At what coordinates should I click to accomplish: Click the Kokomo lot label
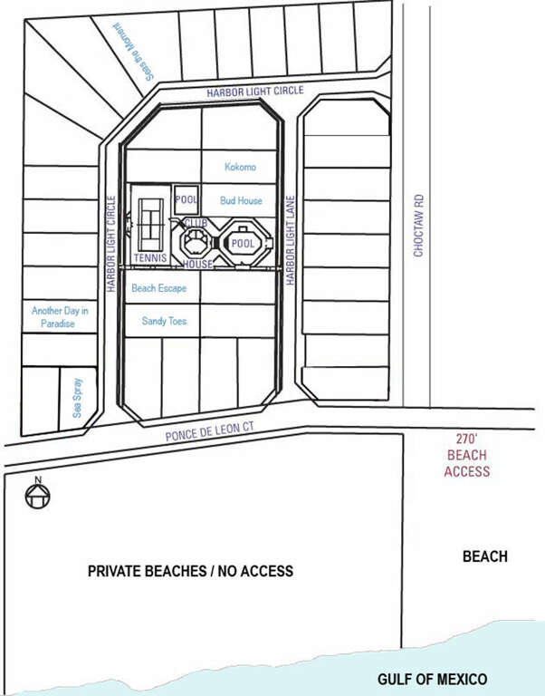[x=240, y=167]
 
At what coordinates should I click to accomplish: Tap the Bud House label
[x=241, y=200]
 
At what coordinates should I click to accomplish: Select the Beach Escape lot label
[x=158, y=288]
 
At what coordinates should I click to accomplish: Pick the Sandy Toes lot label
[x=164, y=321]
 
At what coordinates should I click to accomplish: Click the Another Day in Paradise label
[x=60, y=317]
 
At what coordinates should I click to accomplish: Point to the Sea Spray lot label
[x=77, y=398]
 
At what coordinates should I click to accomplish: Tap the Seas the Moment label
[x=133, y=52]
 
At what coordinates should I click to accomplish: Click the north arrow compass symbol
[x=38, y=493]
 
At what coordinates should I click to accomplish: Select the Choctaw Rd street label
[x=418, y=226]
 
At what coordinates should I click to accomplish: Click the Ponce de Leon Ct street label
[x=210, y=431]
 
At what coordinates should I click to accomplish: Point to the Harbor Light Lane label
[x=290, y=240]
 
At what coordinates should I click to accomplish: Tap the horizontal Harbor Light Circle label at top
[x=255, y=92]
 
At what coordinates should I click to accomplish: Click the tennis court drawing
[x=151, y=225]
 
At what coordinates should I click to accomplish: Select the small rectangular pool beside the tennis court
[x=186, y=199]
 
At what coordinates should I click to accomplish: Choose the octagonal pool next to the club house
[x=243, y=243]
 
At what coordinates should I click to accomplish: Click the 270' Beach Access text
[x=467, y=456]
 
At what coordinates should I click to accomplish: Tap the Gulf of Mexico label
[x=433, y=679]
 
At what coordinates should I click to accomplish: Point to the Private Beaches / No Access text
[x=190, y=571]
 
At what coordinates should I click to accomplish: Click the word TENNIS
[x=150, y=258]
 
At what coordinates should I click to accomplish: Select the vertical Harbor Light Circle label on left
[x=111, y=244]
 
